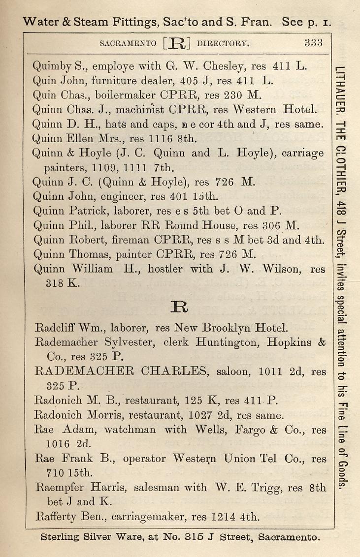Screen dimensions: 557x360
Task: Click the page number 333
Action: click(x=313, y=43)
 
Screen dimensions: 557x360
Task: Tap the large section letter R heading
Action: click(x=176, y=307)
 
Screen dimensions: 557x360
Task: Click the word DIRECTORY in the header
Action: click(x=223, y=43)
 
